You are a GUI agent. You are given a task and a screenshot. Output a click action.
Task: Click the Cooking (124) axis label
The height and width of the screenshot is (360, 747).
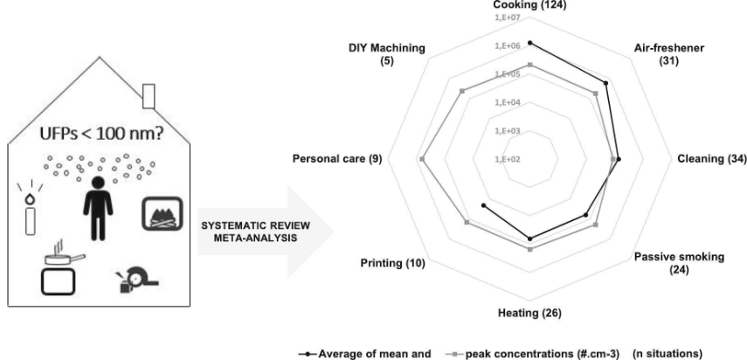tap(529, 5)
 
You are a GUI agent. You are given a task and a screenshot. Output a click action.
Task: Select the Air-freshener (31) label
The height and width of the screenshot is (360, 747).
tap(669, 54)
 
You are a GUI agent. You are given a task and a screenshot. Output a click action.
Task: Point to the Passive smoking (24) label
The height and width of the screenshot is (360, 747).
tap(679, 263)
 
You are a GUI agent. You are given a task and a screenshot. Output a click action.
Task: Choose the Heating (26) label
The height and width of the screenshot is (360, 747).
tap(529, 314)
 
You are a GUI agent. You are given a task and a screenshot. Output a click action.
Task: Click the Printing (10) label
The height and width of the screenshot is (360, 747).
tap(392, 263)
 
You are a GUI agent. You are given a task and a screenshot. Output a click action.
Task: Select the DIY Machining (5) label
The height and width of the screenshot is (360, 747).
tap(386, 54)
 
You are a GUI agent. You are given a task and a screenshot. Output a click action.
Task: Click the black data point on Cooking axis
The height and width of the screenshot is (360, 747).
tap(530, 43)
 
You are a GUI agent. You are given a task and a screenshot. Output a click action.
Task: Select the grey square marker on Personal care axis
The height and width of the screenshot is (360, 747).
tap(422, 159)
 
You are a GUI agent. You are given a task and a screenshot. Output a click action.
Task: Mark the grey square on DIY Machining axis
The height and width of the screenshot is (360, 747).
tap(461, 91)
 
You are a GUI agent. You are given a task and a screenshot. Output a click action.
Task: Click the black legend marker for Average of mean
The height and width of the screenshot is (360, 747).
tap(308, 354)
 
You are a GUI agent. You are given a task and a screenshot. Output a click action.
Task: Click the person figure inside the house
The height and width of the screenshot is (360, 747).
tap(98, 208)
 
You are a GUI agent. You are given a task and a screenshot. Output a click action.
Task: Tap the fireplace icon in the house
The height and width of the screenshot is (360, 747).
tap(162, 213)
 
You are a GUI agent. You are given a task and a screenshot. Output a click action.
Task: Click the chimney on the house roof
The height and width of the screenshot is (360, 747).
tap(149, 96)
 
